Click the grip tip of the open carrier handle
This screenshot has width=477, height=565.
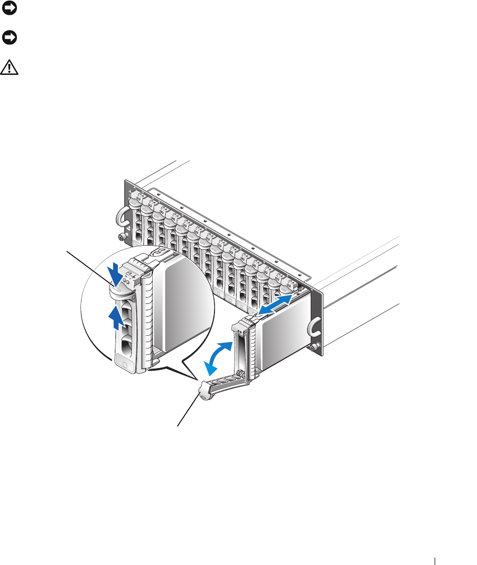point(202,395)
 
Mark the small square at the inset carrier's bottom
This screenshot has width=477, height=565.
point(124,365)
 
